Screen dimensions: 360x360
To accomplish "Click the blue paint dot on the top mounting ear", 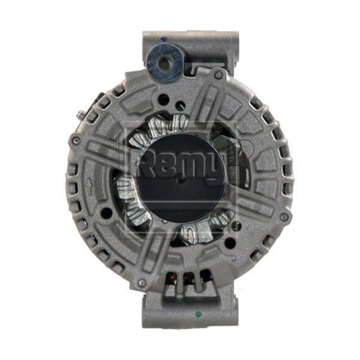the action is click(163, 40).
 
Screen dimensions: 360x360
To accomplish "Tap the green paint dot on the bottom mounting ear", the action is click(197, 313).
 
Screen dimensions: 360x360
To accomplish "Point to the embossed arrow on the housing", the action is click(89, 187).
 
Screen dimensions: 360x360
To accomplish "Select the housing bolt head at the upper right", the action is click(218, 73).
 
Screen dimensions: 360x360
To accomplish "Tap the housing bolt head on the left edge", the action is click(76, 140).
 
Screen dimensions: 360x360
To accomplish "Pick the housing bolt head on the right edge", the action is click(284, 216).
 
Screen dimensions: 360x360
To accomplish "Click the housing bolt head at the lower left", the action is click(142, 282).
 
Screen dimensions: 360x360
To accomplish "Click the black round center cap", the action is click(181, 178).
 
